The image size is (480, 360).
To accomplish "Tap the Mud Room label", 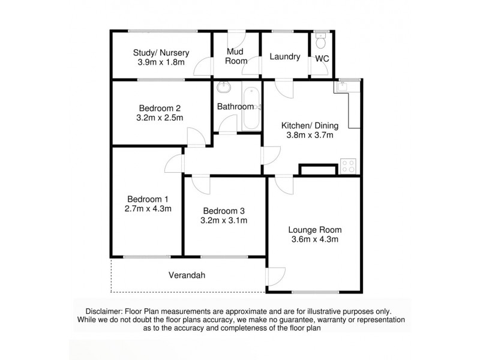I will click(x=235, y=56).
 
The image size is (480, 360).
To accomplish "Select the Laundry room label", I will click(x=284, y=57).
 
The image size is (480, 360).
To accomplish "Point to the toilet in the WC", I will click(x=321, y=42).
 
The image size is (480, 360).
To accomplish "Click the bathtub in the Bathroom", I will click(x=251, y=108).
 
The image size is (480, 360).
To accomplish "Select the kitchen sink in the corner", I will click(x=344, y=87).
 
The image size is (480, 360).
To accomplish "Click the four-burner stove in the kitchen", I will click(x=347, y=166).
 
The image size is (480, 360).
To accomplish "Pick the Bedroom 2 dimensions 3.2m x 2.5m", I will click(x=160, y=118).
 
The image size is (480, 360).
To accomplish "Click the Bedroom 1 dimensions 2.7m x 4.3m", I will click(x=148, y=209).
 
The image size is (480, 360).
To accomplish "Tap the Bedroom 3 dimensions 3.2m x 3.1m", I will click(x=224, y=220).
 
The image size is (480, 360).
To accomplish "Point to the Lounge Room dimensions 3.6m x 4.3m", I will click(x=314, y=239).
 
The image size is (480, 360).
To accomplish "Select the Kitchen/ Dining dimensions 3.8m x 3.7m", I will click(x=310, y=135).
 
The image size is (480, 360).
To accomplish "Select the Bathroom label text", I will click(x=235, y=107).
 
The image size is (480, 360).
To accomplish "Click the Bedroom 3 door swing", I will click(x=201, y=184).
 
